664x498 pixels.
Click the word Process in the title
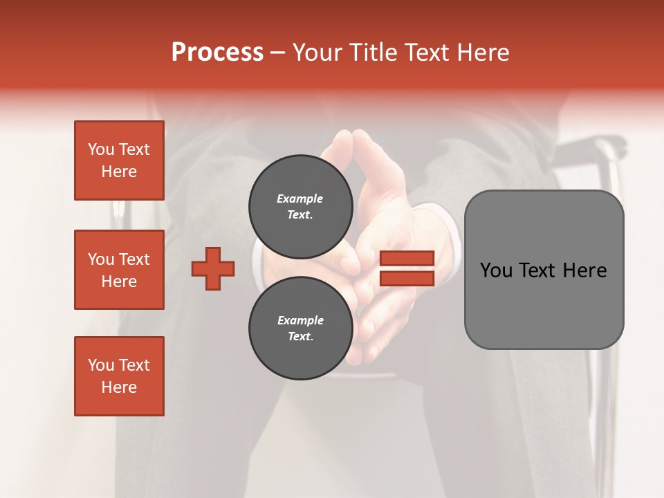[217, 53]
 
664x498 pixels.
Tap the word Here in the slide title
[481, 53]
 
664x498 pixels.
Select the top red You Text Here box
[119, 160]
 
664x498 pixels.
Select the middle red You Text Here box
[119, 270]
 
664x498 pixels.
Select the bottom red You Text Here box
[119, 376]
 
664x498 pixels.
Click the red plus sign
[213, 268]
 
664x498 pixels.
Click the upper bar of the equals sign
[407, 258]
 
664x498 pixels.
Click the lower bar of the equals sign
[407, 279]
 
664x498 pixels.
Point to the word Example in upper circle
[300, 199]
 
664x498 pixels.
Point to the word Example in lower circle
[300, 320]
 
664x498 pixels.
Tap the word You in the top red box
[100, 149]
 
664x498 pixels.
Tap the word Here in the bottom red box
[119, 387]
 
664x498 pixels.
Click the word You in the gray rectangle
[496, 270]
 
